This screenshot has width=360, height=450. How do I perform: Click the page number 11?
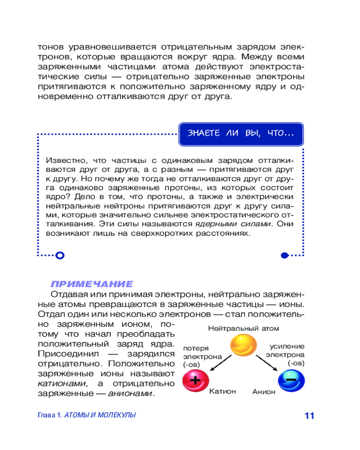tap(309, 415)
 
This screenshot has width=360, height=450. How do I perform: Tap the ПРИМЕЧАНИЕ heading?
tap(92, 284)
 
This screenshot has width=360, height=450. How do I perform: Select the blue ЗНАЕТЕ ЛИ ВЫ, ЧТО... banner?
tap(241, 134)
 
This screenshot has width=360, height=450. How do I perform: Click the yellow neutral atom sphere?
tap(243, 346)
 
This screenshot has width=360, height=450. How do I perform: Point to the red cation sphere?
tap(195, 380)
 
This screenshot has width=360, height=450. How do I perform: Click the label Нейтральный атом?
tap(243, 328)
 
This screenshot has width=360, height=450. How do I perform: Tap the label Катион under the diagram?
tap(222, 391)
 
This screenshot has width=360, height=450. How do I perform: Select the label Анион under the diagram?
tap(264, 392)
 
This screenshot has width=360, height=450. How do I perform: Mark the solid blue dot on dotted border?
tap(284, 256)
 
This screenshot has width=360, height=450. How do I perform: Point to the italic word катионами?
tap(61, 383)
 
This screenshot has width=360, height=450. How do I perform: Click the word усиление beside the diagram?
tap(287, 346)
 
